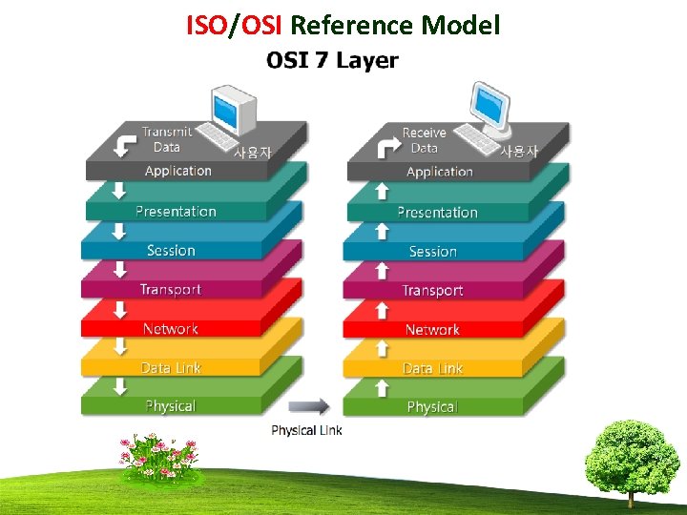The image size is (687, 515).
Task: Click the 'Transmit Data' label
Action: tap(166, 139)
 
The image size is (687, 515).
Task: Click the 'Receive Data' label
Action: tap(424, 140)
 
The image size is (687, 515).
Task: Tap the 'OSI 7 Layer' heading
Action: tap(332, 61)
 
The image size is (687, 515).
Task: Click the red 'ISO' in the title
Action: tap(204, 25)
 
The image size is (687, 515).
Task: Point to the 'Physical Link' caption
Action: tap(306, 430)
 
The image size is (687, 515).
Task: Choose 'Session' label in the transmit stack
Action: tap(171, 251)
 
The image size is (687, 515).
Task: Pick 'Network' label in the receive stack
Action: tap(432, 330)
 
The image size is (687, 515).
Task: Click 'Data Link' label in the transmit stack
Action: tap(171, 368)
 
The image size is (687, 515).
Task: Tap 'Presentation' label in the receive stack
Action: tap(438, 213)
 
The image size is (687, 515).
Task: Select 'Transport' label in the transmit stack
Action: tap(171, 290)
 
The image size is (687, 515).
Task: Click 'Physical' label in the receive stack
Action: tap(432, 407)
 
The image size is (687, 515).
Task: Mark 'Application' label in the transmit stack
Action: tap(178, 172)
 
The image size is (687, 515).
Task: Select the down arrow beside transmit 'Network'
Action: tap(120, 311)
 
